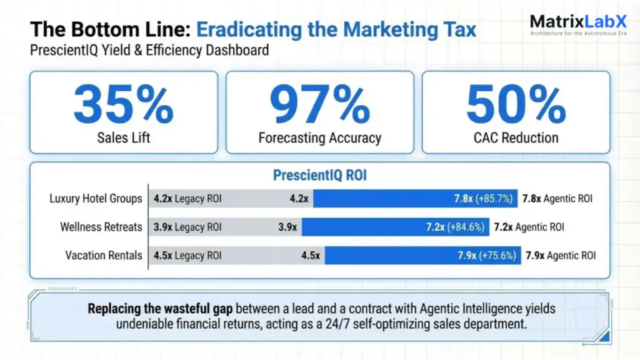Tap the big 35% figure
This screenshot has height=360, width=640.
[x=123, y=104]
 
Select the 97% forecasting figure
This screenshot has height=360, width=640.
[x=319, y=104]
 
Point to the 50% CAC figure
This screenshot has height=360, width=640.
[x=516, y=104]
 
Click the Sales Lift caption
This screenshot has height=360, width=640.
[x=123, y=137]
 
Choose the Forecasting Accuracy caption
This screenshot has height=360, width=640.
[x=319, y=137]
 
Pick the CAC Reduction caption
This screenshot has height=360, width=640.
[x=516, y=137]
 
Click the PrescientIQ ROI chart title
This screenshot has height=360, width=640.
[x=319, y=176]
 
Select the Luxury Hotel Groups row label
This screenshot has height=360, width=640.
[x=96, y=199]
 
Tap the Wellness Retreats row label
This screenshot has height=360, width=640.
[x=101, y=227]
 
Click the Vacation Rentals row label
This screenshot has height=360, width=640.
[x=104, y=255]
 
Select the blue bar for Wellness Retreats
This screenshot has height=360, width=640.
[x=395, y=227]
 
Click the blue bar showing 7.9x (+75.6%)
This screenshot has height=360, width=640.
[x=422, y=255]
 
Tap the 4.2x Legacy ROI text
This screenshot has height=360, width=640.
[x=187, y=199]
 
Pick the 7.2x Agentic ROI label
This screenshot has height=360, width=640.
[x=529, y=227]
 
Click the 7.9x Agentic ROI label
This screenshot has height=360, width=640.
[x=560, y=255]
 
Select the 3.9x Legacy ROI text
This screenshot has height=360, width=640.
[x=187, y=227]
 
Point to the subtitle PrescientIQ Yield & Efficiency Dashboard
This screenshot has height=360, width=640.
[x=149, y=50]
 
